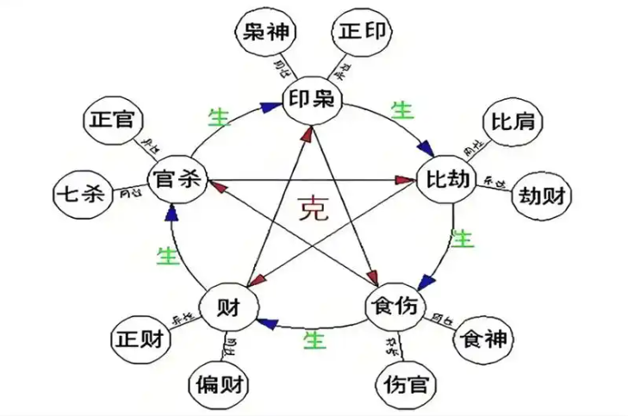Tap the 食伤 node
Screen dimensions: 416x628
[x=395, y=306]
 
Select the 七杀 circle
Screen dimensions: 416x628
[x=80, y=194]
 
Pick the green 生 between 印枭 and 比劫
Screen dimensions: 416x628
[x=401, y=110]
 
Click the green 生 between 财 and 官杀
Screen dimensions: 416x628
[x=166, y=255]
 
